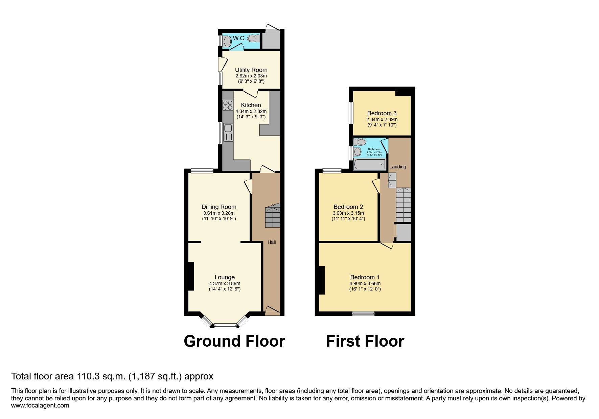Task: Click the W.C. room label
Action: tap(239, 38)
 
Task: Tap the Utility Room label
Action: tap(251, 70)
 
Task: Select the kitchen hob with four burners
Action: tap(228, 105)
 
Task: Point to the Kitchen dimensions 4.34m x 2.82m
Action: tap(251, 111)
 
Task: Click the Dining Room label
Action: tap(219, 207)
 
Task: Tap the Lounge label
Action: tap(225, 277)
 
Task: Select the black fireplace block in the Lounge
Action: tap(191, 276)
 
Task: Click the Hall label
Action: tap(272, 242)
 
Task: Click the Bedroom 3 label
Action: tap(382, 113)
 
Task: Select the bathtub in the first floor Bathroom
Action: tap(370, 165)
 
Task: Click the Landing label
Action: tap(397, 167)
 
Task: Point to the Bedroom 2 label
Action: tap(348, 207)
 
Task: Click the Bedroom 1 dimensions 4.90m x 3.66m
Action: tap(365, 283)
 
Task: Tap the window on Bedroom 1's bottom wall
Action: tap(363, 313)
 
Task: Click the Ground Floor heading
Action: tap(234, 341)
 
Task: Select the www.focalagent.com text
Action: tap(40, 405)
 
